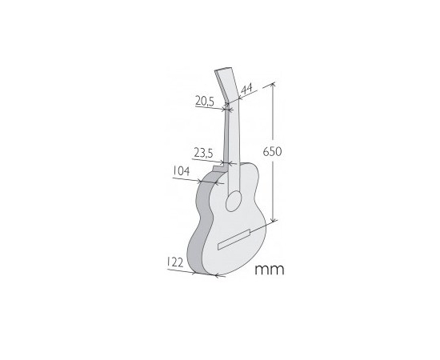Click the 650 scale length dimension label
click(272, 152)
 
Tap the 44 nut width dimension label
click(246, 89)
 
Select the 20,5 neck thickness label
click(205, 101)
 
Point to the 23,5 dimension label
click(204, 154)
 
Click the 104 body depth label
click(181, 171)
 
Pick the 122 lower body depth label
click(175, 262)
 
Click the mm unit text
click(270, 270)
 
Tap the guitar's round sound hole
click(234, 201)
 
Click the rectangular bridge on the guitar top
click(234, 239)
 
